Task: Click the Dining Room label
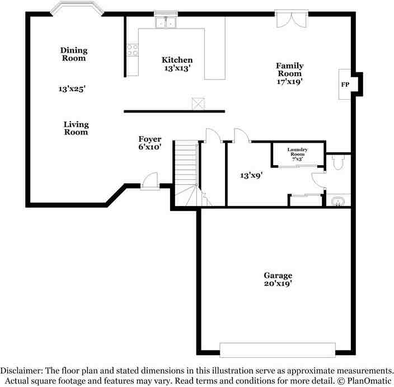pos(74,54)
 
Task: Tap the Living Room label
pos(76,128)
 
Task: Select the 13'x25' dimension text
pos(72,88)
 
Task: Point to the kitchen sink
pos(165,22)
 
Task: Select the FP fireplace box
pos(345,84)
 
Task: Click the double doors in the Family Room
pos(291,18)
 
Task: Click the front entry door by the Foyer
pos(150,182)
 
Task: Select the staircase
pos(186,171)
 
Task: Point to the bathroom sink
pos(337,201)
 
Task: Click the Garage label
pos(278,276)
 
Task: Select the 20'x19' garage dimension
pos(278,284)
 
